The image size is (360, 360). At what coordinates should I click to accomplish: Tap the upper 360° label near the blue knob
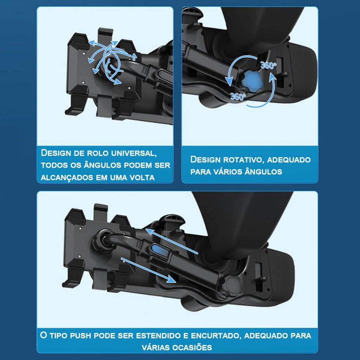pyautogui.click(x=268, y=65)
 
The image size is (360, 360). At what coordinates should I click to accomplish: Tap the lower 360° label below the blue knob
pyautogui.click(x=238, y=97)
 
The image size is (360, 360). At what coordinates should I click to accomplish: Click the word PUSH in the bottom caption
pyautogui.click(x=81, y=335)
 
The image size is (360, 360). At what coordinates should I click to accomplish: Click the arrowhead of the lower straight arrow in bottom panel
pyautogui.click(x=171, y=279)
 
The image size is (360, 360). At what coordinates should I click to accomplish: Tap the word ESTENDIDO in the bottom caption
pyautogui.click(x=158, y=335)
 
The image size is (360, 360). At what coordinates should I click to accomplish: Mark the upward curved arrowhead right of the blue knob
pyautogui.click(x=272, y=76)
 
